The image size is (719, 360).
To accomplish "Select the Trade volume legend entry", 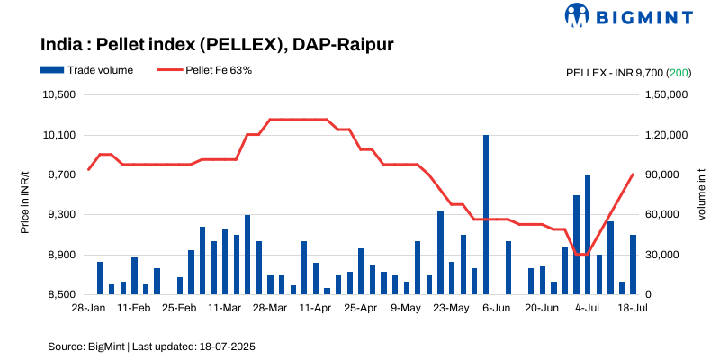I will click(x=86, y=69).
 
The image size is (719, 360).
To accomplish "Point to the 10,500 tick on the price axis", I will click(x=58, y=95).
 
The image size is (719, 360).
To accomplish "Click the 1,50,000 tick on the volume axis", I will click(x=668, y=95).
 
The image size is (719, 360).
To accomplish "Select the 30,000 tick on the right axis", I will click(x=662, y=255).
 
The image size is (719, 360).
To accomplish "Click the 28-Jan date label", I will click(x=88, y=308).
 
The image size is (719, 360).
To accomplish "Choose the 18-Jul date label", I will click(x=633, y=308).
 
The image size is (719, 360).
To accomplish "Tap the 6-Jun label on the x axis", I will click(x=497, y=308).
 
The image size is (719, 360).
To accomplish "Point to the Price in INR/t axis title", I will click(x=25, y=194).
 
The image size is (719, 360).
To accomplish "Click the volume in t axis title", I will click(x=702, y=194).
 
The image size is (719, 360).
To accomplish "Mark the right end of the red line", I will click(x=633, y=175).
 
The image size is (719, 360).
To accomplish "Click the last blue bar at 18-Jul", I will click(x=633, y=265).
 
